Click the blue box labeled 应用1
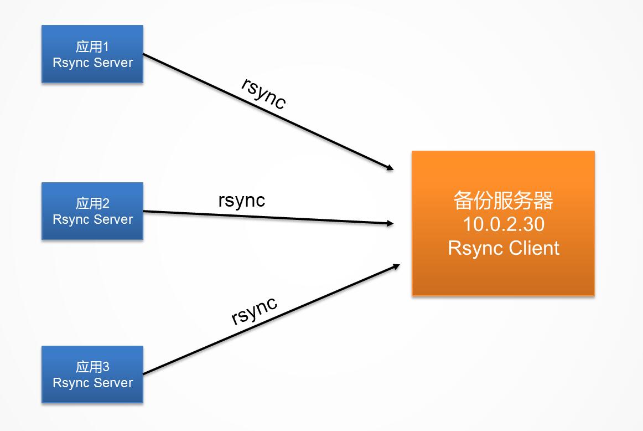click(x=92, y=54)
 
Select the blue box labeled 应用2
click(x=92, y=211)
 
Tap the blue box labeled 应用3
click(x=92, y=374)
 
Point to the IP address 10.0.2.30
click(x=503, y=224)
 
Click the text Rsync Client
click(x=503, y=248)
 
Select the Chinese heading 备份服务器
click(x=503, y=201)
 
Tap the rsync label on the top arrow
click(x=264, y=93)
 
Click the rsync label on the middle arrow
click(x=242, y=200)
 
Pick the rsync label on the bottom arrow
click(x=255, y=310)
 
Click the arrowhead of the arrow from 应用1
click(x=390, y=167)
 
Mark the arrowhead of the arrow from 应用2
click(x=390, y=223)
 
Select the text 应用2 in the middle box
click(x=92, y=203)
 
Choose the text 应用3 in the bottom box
click(x=92, y=367)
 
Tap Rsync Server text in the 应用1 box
click(x=92, y=63)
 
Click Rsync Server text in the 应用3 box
click(x=92, y=383)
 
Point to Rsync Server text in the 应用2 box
click(x=92, y=219)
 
